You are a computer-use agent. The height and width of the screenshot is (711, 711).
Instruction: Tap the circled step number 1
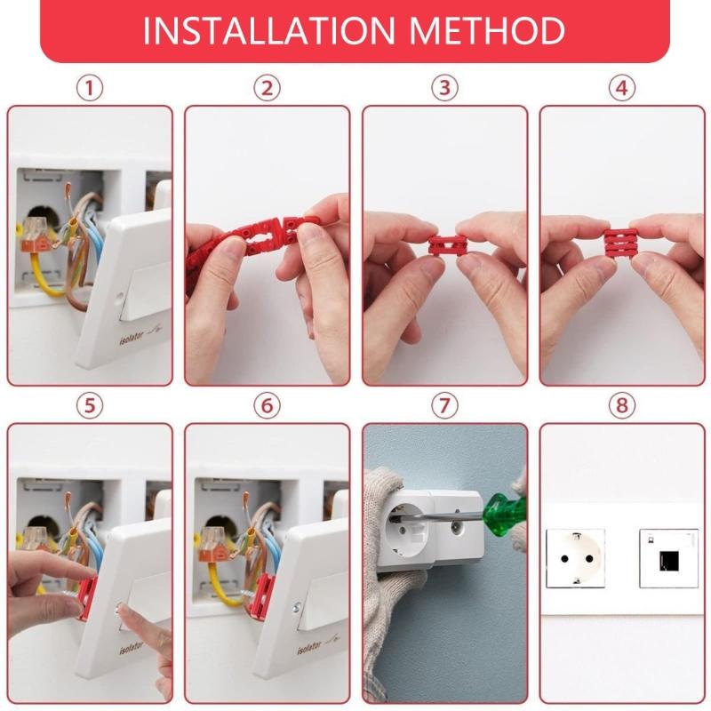(x=89, y=88)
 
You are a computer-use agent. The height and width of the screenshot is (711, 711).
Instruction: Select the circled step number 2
(x=267, y=88)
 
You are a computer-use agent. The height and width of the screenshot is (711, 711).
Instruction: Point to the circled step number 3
(x=444, y=88)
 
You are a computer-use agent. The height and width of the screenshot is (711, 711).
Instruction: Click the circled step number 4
(x=622, y=88)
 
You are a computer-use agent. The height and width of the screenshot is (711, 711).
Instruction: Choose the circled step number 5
(x=89, y=405)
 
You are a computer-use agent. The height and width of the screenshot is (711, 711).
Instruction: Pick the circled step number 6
(x=267, y=405)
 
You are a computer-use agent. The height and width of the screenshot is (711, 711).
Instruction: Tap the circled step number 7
(x=444, y=405)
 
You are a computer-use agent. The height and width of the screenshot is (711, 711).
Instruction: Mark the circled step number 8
(x=622, y=405)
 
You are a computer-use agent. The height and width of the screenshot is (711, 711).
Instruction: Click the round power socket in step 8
(x=575, y=557)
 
